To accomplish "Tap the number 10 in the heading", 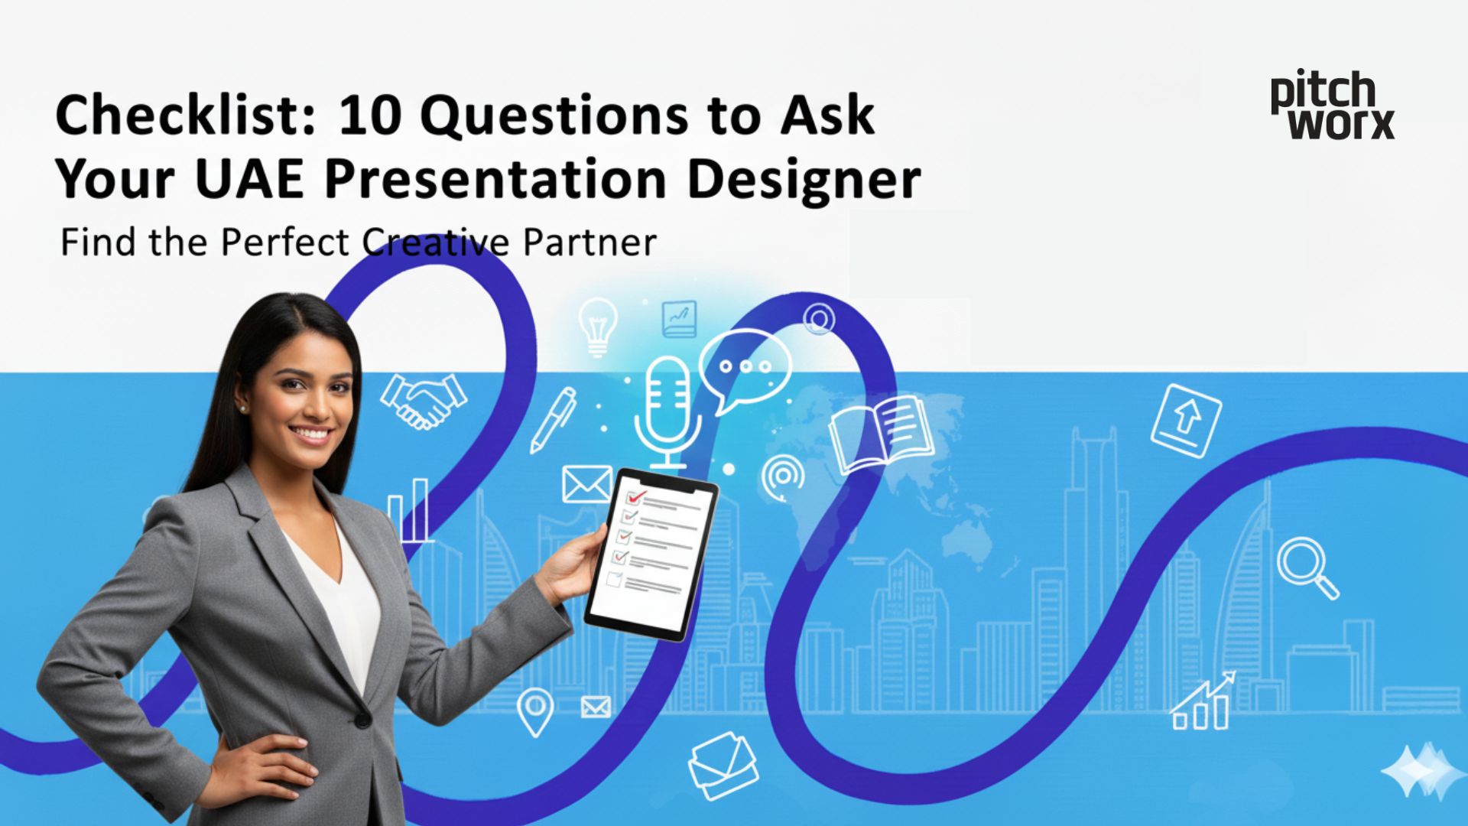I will [x=369, y=115].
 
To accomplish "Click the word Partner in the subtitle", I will [x=589, y=242].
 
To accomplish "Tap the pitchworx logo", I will [x=1332, y=106].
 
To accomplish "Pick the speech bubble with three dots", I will [x=743, y=369].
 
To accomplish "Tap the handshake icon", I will [x=424, y=400].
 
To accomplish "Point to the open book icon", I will [x=881, y=433].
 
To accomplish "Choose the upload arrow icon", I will [x=1186, y=421].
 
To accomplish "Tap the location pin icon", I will [x=534, y=711].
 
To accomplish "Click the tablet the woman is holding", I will [x=651, y=552].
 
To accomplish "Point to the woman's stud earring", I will [x=244, y=409].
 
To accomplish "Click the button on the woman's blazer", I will [x=362, y=719].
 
